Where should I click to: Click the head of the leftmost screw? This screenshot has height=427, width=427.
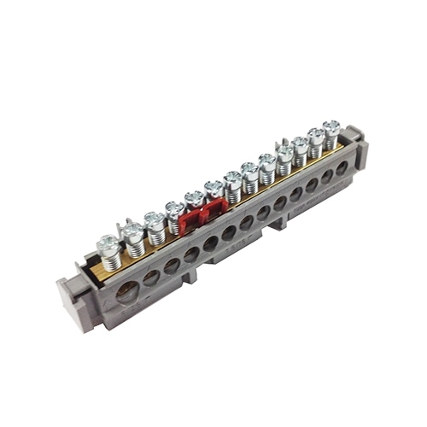108,244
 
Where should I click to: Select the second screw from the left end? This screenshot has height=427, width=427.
132,231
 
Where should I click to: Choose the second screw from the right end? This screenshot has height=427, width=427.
316,135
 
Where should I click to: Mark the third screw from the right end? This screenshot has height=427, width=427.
301,143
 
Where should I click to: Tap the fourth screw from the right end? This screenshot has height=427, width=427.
284,150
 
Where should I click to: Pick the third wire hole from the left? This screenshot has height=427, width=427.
172,266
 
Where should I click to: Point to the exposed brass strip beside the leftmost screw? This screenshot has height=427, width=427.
92,268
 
